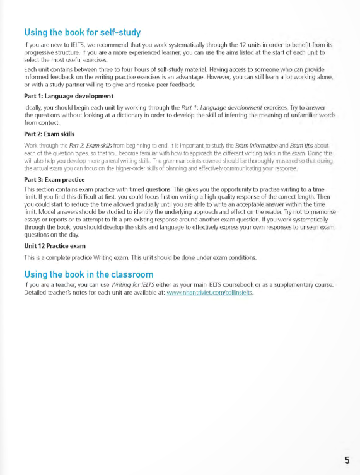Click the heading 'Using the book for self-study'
coord(82,32)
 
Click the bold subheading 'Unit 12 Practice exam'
coord(55,245)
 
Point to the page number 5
coord(347,459)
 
